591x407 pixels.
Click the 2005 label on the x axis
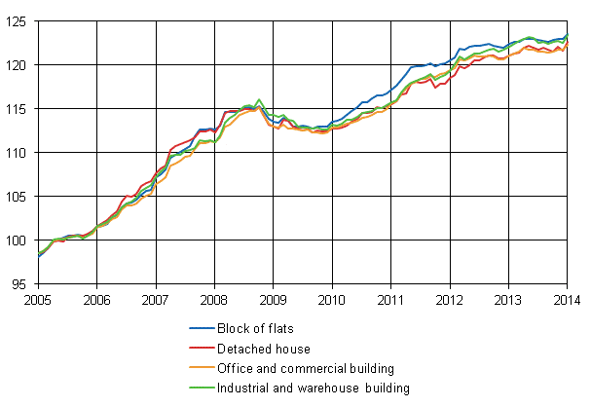[x=37, y=299]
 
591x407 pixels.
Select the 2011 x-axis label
[x=390, y=299]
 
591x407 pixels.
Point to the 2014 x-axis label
[x=567, y=299]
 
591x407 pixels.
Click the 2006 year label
[x=95, y=299]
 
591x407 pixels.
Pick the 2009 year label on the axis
[x=273, y=299]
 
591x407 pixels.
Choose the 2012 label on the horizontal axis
[x=449, y=299]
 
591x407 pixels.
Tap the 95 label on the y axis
[x=21, y=284]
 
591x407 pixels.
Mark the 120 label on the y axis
[x=18, y=65]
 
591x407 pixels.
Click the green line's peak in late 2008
[x=259, y=99]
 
